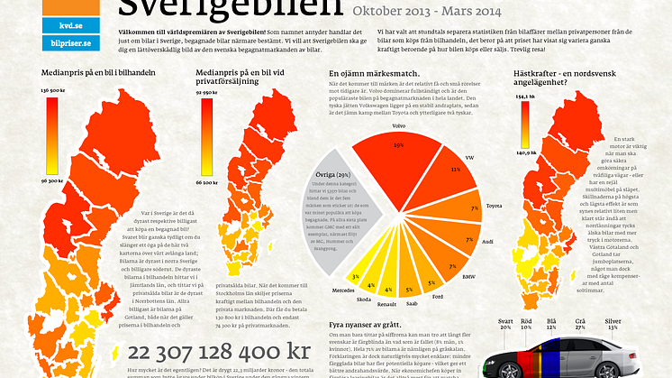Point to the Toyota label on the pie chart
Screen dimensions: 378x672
coord(493,206)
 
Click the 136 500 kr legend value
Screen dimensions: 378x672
coord(52,91)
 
